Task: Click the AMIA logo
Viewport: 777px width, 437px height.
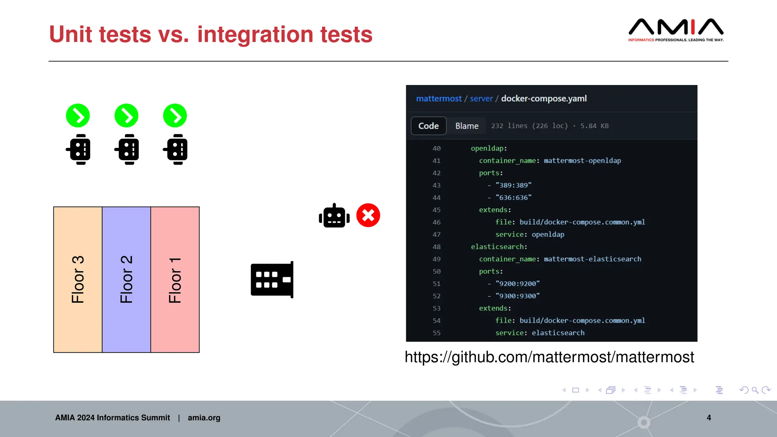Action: pos(676,30)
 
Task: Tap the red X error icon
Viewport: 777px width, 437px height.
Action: pos(368,215)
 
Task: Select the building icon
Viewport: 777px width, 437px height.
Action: pos(272,280)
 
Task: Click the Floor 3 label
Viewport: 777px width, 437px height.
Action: pos(78,280)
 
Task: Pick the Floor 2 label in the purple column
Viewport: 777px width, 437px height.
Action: pos(126,280)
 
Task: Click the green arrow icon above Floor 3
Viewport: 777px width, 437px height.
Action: pos(78,116)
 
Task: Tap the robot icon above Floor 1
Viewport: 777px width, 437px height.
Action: pos(175,149)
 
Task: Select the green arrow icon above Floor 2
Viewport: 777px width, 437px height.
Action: pos(126,116)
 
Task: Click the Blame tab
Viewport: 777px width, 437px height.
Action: pos(467,126)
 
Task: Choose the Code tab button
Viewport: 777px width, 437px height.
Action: pos(428,126)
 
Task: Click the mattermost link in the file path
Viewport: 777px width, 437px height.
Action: pos(439,99)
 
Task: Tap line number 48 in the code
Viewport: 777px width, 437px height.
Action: pos(437,247)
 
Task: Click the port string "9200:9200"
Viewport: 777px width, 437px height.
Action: pos(517,284)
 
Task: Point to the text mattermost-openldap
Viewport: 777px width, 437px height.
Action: pos(582,161)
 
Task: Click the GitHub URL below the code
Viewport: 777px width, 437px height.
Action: pos(549,357)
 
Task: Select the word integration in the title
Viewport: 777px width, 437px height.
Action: pos(255,35)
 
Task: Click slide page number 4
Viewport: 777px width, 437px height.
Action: pos(709,418)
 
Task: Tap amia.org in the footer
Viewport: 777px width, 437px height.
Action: pos(204,418)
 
